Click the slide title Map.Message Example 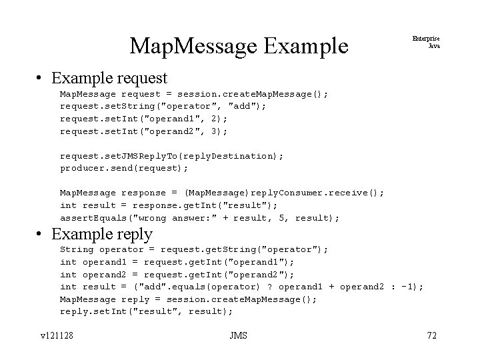tap(239, 45)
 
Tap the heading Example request tap(109, 79)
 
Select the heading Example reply tap(102, 234)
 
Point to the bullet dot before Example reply tap(41, 235)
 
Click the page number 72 tap(431, 335)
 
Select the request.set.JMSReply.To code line tap(171, 155)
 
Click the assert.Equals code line tap(199, 217)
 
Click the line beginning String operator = tap(194, 249)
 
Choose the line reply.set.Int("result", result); tap(147, 311)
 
